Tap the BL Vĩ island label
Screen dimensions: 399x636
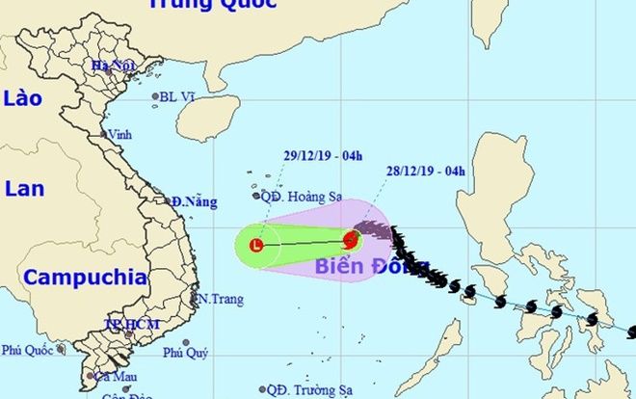click(x=180, y=96)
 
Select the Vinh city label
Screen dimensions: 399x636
click(x=120, y=134)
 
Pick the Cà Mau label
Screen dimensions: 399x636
click(x=113, y=377)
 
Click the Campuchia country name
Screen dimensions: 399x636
click(x=85, y=278)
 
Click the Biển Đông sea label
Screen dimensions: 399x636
click(x=369, y=267)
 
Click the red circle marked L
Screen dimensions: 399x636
click(x=255, y=246)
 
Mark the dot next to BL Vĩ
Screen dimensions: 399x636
click(x=155, y=96)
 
